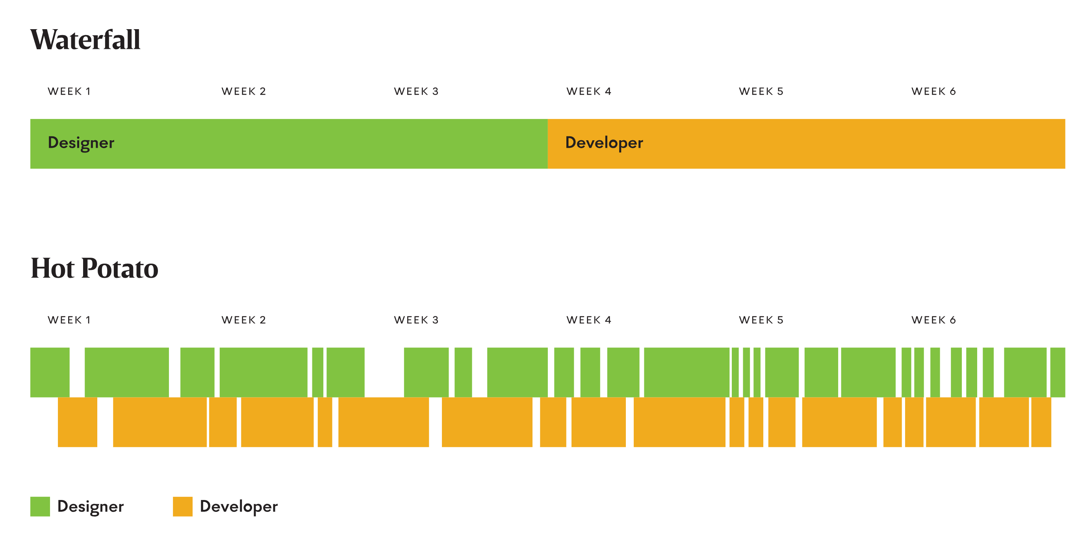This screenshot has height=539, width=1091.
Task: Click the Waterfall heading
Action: [85, 40]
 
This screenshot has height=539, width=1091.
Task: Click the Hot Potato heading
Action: [95, 268]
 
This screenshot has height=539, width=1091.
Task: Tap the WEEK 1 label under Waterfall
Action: [69, 91]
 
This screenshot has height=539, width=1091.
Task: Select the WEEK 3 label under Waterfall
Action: [416, 91]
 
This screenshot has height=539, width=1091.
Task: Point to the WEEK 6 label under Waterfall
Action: [933, 91]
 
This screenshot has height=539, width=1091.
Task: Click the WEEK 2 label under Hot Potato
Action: [243, 320]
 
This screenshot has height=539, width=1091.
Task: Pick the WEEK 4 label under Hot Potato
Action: [589, 320]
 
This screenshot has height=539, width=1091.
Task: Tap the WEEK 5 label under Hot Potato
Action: [761, 320]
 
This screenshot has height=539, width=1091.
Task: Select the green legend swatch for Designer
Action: [40, 506]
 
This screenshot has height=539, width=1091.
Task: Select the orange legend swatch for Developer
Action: [182, 506]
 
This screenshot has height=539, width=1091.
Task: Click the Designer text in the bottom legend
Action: [90, 507]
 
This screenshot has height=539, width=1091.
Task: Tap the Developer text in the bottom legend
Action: [238, 507]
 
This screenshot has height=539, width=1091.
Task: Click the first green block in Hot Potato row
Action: [50, 372]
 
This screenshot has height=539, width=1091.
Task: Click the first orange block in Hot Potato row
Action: [78, 422]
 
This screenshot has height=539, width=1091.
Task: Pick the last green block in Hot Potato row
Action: [1057, 372]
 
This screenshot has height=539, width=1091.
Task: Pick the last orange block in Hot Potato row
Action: [1041, 422]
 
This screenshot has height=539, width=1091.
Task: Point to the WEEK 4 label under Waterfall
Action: [589, 91]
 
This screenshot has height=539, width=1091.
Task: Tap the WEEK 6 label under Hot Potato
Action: [933, 320]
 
